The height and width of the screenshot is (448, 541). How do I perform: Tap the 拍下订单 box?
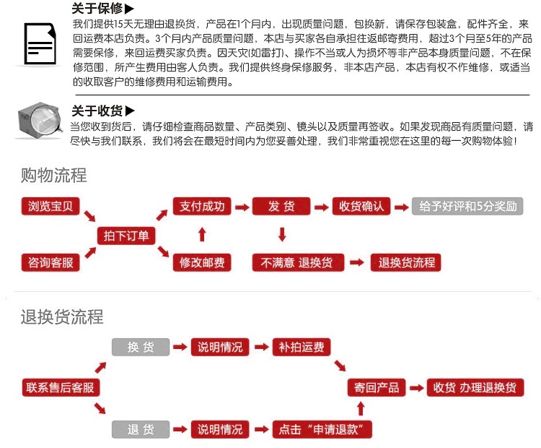(x=126, y=236)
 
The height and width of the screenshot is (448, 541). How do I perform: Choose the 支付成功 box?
(x=202, y=207)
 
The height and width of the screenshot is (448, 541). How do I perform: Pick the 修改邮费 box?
(x=202, y=262)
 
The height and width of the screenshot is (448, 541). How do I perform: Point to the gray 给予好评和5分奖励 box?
(x=466, y=207)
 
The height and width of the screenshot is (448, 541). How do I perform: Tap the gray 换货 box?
(x=141, y=347)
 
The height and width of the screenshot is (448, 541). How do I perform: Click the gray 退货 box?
(x=141, y=429)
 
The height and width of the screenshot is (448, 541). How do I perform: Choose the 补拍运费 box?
(x=302, y=347)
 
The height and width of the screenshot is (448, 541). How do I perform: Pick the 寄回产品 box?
(x=377, y=387)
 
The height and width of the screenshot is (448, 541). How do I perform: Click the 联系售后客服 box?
(x=61, y=387)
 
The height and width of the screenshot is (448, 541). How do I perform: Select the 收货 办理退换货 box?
(x=475, y=387)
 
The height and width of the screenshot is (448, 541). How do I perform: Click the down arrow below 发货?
(x=282, y=234)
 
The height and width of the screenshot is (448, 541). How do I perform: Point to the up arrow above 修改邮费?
(x=202, y=234)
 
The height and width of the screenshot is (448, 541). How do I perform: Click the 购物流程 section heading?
(x=53, y=175)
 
